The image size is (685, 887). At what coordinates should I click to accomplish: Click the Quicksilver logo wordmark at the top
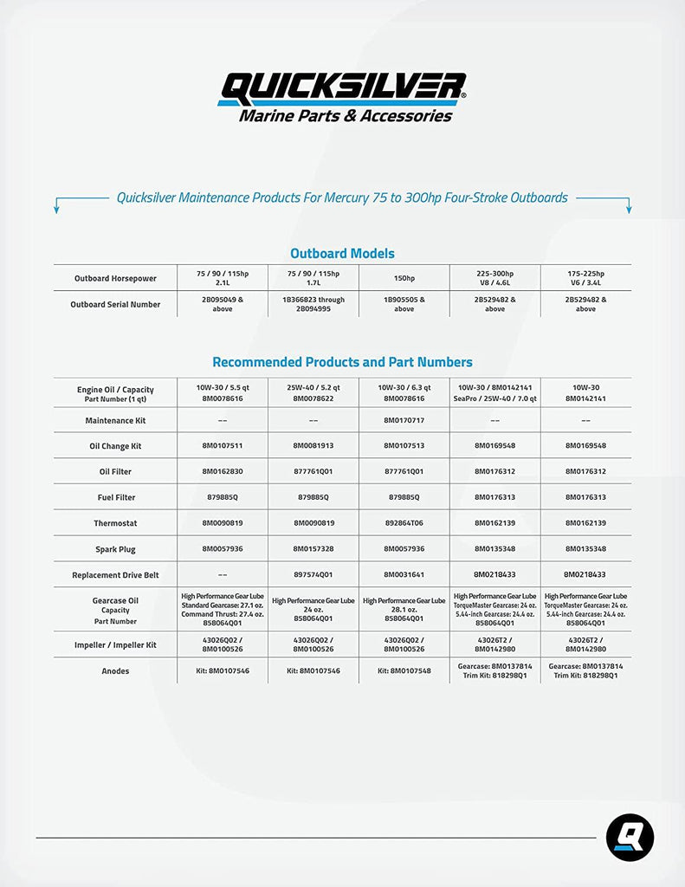(343, 87)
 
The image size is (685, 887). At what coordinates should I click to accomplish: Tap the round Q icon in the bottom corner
(630, 838)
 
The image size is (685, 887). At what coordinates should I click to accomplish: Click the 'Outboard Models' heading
(342, 254)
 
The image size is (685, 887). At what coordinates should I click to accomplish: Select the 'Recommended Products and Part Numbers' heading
(342, 362)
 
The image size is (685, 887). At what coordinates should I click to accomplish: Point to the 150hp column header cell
(404, 278)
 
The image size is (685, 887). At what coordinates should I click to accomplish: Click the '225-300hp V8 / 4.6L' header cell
(494, 277)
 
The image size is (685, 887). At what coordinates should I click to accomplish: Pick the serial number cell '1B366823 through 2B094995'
(313, 304)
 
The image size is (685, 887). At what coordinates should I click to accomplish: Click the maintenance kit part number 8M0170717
(404, 420)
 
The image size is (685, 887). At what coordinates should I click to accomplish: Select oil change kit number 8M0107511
(222, 445)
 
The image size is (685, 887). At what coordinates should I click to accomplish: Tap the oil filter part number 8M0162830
(222, 471)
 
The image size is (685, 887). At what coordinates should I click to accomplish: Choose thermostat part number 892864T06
(404, 523)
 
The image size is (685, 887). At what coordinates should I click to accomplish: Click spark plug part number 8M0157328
(313, 549)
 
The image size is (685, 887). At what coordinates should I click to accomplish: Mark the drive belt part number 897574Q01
(313, 575)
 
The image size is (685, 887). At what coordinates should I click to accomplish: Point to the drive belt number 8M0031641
(404, 575)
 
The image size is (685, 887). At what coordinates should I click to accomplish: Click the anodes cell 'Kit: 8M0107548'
(404, 670)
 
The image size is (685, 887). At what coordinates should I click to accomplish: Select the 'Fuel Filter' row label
(115, 497)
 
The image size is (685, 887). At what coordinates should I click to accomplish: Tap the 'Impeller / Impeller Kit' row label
(115, 644)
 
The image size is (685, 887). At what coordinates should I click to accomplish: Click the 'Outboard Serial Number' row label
(115, 304)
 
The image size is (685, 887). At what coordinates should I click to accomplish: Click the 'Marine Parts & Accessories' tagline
(345, 116)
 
